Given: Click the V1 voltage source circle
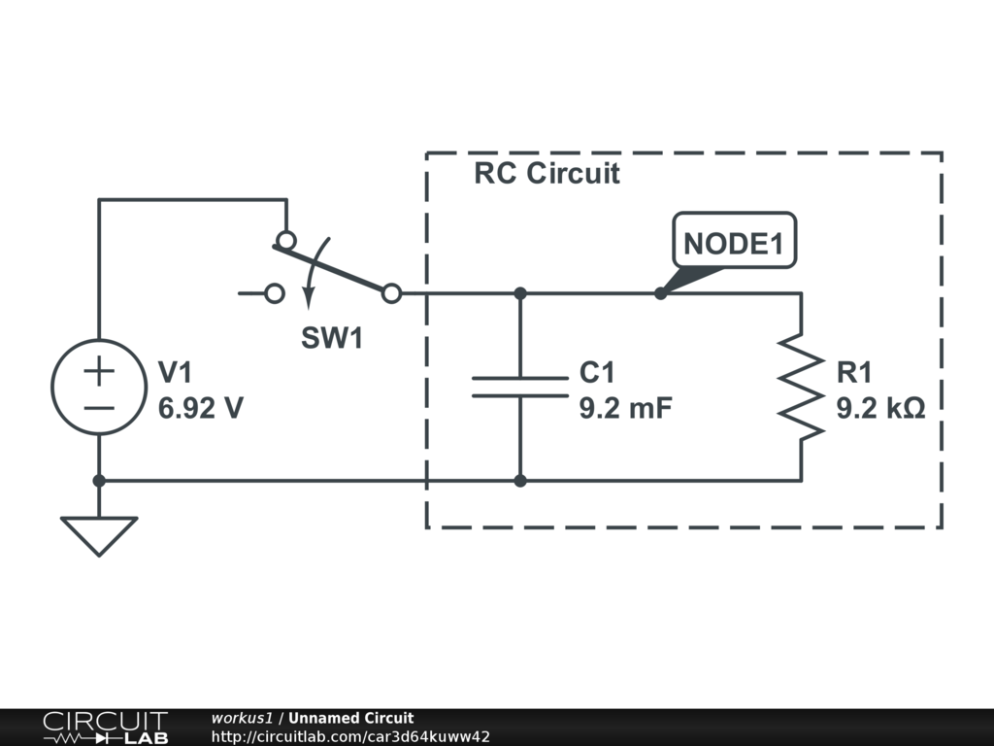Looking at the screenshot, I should click(x=99, y=387).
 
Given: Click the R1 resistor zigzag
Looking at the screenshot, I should click(x=801, y=387).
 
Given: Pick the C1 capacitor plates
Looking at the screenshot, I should click(x=520, y=387).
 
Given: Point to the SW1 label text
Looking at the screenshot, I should click(x=331, y=338).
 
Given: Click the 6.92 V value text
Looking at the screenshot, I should click(x=201, y=408).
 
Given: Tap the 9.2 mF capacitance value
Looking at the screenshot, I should click(x=626, y=408).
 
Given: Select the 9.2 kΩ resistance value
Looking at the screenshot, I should click(x=880, y=408).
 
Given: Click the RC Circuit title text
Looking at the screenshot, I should click(x=547, y=174).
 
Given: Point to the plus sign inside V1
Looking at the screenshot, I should click(x=99, y=369).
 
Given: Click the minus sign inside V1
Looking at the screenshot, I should click(x=99, y=407).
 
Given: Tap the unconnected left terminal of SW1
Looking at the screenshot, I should click(x=275, y=292).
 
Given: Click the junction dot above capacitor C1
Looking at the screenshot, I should click(x=520, y=292).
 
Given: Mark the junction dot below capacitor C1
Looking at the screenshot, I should click(x=520, y=480).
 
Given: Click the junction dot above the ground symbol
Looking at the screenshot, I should click(x=99, y=480).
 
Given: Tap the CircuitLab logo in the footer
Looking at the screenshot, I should click(x=105, y=727).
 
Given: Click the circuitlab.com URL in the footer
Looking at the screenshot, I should click(x=350, y=736).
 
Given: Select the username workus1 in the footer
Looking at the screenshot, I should click(x=242, y=718).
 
